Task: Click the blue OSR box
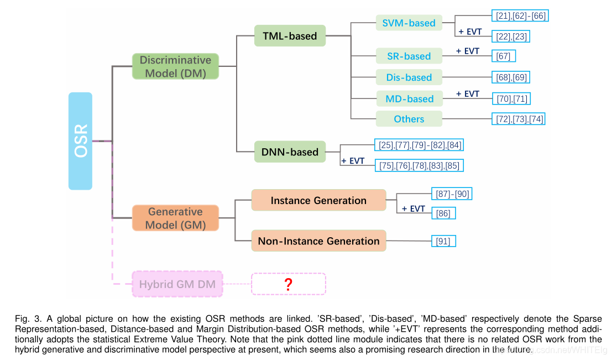click(80, 141)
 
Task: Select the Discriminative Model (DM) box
click(175, 66)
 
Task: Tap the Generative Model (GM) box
click(175, 218)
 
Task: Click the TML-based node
click(290, 36)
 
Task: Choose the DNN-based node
click(290, 152)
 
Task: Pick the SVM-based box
click(409, 23)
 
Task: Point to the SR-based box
click(409, 56)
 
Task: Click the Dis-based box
click(409, 77)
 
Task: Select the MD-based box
click(409, 98)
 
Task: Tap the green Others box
click(409, 119)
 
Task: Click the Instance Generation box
click(318, 200)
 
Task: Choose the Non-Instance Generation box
click(318, 241)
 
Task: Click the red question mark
click(288, 284)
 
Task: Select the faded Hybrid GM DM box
click(177, 284)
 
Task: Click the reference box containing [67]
click(504, 56)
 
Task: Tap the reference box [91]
click(443, 241)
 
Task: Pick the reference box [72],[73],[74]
click(520, 119)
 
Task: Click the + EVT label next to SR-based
click(467, 51)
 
